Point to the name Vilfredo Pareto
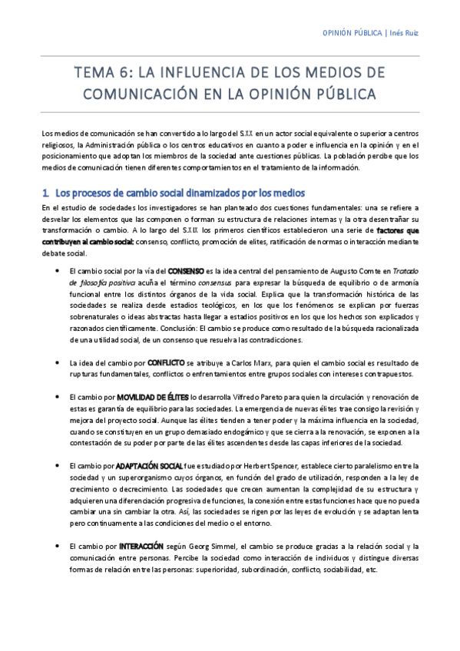click(259, 397)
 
